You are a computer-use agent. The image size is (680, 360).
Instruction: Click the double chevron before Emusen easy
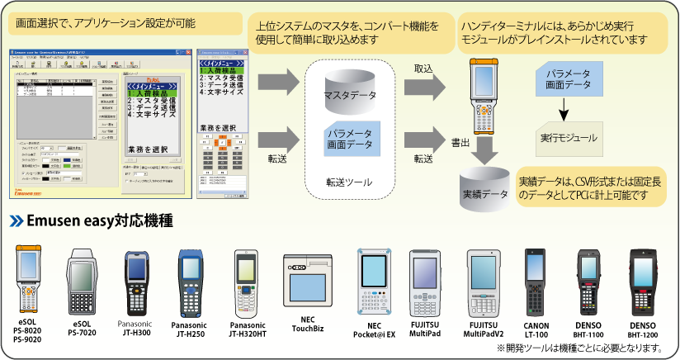pyautogui.click(x=17, y=220)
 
